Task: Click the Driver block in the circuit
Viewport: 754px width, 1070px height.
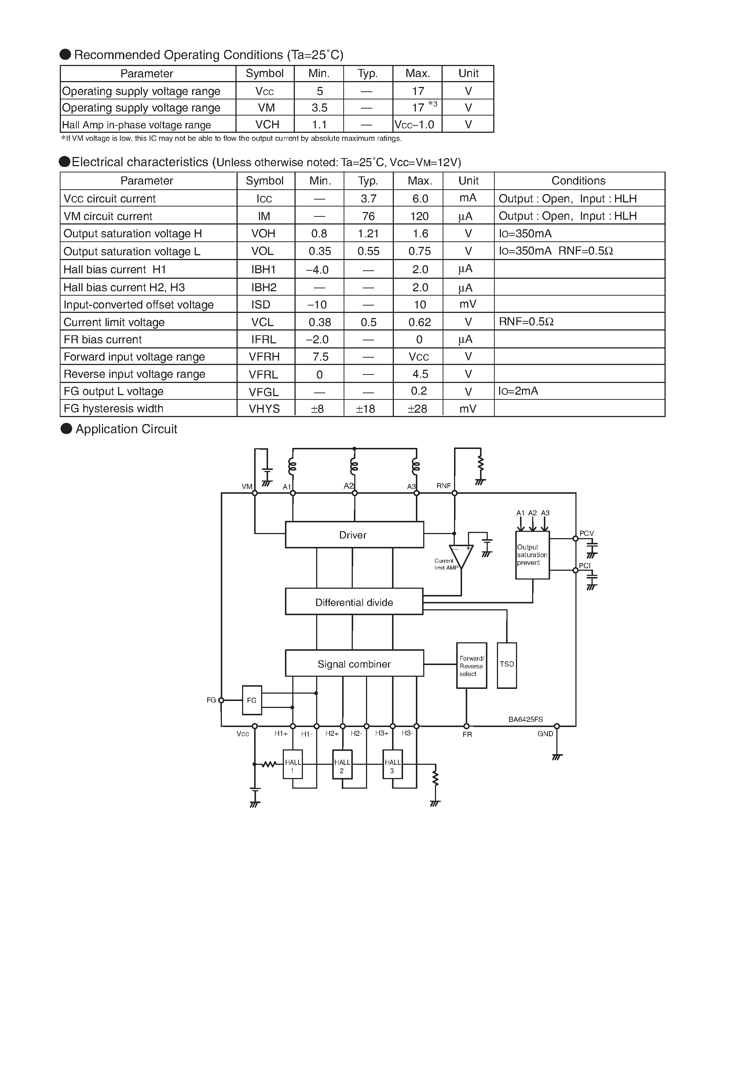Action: coord(354,534)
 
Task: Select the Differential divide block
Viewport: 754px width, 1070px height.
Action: coord(354,602)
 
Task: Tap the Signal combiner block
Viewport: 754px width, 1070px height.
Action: coord(354,664)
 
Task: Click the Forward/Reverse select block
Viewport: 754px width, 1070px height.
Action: coord(472,665)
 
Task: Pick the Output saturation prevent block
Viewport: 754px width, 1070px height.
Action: coord(532,555)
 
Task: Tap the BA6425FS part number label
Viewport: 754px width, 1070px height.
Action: coord(525,719)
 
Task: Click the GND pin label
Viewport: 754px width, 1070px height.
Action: coord(545,734)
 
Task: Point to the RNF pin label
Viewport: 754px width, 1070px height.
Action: coord(444,486)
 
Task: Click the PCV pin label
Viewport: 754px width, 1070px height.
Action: coord(586,533)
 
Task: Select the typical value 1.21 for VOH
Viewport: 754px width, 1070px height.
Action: coord(368,234)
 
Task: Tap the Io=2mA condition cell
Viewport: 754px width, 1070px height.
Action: coord(518,391)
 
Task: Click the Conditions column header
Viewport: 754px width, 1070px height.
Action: coord(578,181)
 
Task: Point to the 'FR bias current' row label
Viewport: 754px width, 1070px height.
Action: coord(103,339)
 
